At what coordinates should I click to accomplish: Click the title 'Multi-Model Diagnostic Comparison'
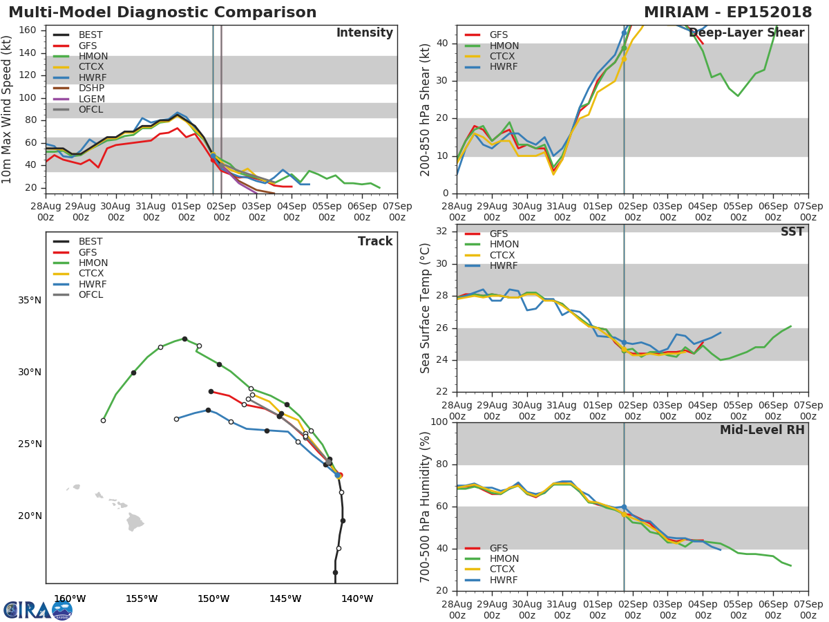162,12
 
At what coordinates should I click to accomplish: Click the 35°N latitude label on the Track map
29,300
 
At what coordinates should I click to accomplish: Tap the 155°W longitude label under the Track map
142,599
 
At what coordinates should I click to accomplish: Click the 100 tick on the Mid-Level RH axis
438,422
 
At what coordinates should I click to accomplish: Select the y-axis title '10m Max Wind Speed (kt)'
8,109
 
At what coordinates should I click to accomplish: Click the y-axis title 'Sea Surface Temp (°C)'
426,308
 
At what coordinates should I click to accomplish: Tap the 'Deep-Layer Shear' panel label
746,33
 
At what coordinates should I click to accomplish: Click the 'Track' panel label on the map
375,241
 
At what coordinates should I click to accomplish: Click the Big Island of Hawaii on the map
135,522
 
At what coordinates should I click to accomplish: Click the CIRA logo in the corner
37,610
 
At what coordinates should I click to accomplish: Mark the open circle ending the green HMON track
103,420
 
